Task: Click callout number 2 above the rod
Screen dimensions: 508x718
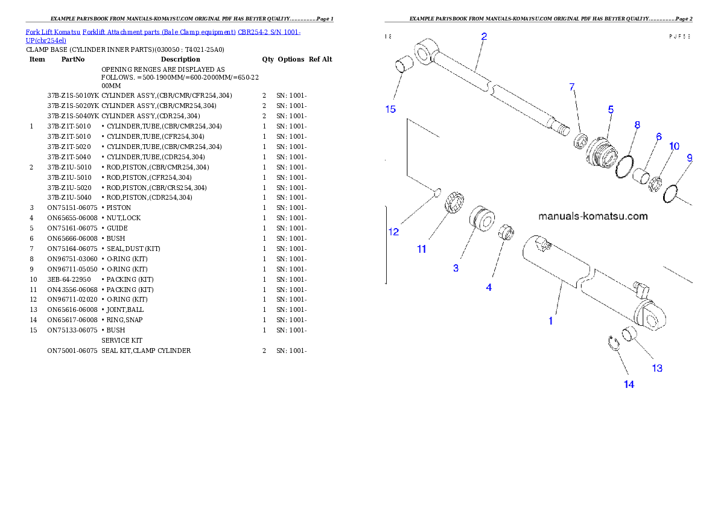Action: click(484, 36)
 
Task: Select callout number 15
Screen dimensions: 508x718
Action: click(390, 109)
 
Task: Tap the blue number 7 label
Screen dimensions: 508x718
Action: click(572, 87)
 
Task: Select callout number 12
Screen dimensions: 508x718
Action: click(393, 232)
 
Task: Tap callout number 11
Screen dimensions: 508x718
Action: click(422, 249)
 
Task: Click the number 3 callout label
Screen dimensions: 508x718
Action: click(456, 268)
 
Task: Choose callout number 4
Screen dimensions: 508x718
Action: click(489, 288)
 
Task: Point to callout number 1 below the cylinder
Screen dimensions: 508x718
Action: click(550, 322)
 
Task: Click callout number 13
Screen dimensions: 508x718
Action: click(657, 368)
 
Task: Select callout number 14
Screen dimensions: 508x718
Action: click(629, 384)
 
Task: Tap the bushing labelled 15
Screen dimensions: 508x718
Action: click(403, 64)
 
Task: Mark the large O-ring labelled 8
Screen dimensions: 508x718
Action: click(624, 167)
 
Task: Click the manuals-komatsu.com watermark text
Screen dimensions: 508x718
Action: click(593, 216)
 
